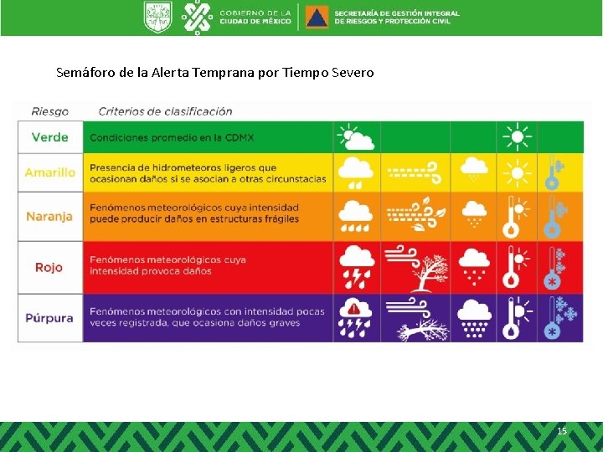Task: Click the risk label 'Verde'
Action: (x=50, y=136)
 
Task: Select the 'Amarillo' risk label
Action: (x=50, y=172)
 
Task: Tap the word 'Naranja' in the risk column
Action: (x=50, y=216)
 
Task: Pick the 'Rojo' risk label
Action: (x=50, y=267)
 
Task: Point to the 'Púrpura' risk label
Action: (x=50, y=318)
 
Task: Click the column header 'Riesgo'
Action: (x=50, y=110)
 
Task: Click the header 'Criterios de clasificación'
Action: (x=165, y=110)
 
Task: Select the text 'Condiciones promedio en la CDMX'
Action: (x=185, y=136)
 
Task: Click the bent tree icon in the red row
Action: (x=415, y=267)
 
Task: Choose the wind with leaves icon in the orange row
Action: (x=415, y=216)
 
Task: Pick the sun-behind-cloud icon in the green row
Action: (x=355, y=136)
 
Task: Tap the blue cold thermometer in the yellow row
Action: (x=553, y=172)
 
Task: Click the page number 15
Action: (x=562, y=431)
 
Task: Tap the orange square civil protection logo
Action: (x=317, y=17)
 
